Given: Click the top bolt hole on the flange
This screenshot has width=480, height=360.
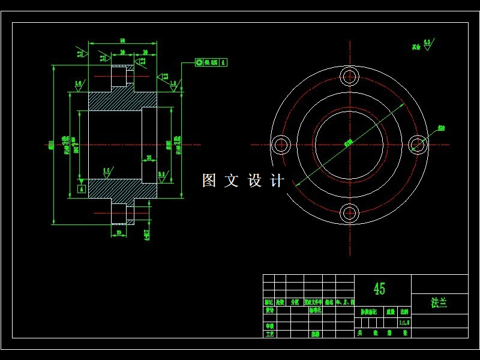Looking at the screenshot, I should tap(349, 76).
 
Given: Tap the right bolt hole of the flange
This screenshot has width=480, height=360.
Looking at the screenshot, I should tap(418, 145).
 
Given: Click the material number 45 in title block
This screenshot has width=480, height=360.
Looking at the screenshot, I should tap(379, 289).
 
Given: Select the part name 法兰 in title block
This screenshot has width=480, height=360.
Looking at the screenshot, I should tap(439, 303).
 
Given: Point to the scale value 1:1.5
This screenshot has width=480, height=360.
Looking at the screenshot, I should tap(404, 322).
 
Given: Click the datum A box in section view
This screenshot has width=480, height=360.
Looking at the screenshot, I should tap(82, 188).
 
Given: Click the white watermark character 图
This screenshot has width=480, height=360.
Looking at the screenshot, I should tap(209, 181).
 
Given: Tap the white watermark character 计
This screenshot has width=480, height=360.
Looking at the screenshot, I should tap(277, 181).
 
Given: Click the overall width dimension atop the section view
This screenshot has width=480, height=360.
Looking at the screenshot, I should tap(122, 40).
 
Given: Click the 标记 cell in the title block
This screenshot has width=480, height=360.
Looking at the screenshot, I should tap(268, 302).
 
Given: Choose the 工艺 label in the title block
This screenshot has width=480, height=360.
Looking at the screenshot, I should tap(269, 334).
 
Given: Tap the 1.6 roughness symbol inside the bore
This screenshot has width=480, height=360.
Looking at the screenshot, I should tap(106, 172).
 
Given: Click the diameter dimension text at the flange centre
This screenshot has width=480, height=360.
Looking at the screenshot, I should tap(348, 143).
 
